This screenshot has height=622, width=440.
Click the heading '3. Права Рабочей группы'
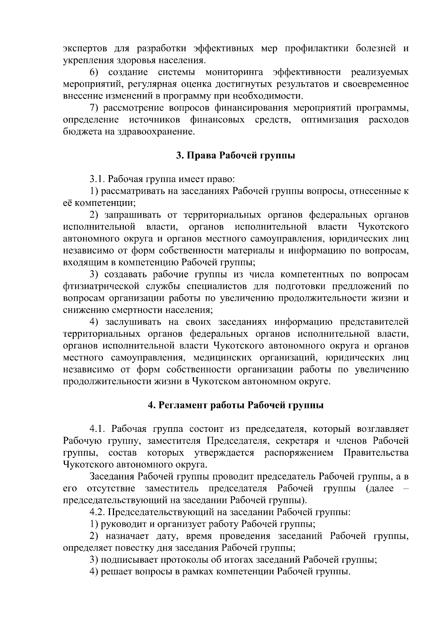[235, 156]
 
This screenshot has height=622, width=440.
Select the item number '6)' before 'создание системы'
[95, 72]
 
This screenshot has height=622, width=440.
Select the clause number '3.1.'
[98, 179]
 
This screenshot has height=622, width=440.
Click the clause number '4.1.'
[98, 429]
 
